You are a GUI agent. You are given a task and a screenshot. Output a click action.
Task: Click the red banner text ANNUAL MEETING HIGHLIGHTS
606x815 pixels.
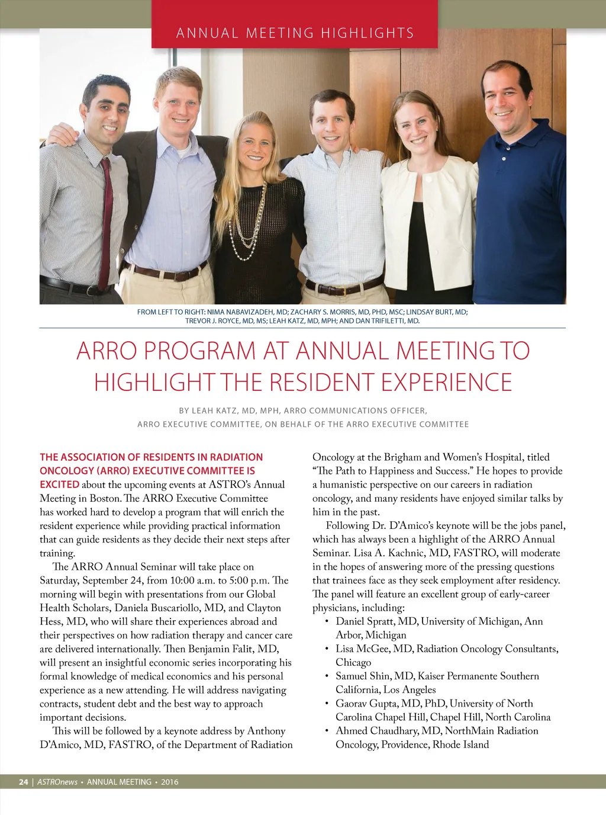click(295, 33)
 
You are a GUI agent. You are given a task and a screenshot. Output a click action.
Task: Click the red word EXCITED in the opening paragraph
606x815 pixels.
click(59, 484)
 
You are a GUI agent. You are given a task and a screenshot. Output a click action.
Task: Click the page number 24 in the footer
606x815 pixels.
click(23, 782)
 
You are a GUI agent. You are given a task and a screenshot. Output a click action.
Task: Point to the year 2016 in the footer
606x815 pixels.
click(169, 782)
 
